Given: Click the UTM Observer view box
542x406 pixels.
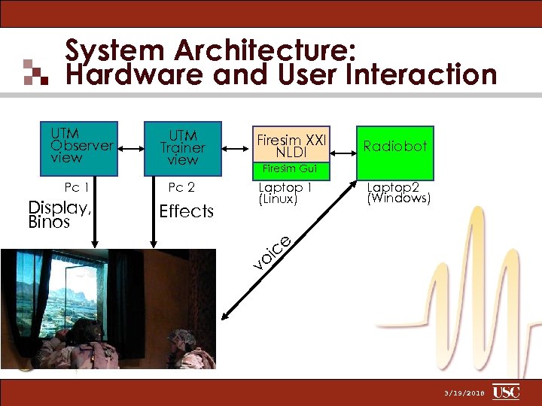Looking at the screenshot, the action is [81, 143].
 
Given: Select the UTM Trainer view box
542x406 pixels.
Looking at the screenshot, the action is [183, 147].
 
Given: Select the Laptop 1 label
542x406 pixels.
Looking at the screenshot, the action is [285, 187].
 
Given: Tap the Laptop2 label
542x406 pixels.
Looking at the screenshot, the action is [392, 187].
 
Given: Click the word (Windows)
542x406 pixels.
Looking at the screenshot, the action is [398, 199].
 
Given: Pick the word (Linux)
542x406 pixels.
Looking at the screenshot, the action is [279, 199].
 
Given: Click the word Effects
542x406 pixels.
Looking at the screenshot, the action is [187, 211].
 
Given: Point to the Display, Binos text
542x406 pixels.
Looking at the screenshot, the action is [59, 215].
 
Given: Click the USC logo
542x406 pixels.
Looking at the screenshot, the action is [506, 392].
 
